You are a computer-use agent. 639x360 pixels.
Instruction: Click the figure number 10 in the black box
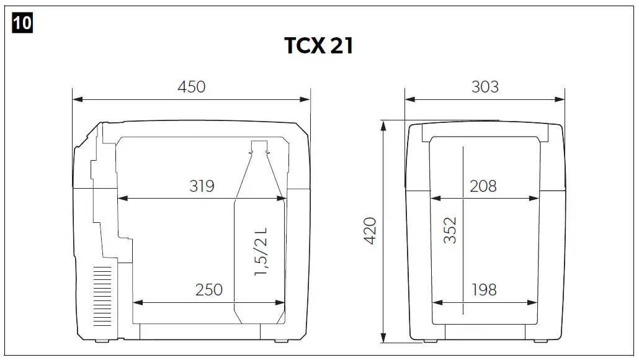(x=22, y=23)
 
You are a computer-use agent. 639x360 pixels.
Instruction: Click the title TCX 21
(x=319, y=46)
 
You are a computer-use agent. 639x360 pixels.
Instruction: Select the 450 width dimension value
(x=191, y=86)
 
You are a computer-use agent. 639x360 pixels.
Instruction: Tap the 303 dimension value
(x=485, y=86)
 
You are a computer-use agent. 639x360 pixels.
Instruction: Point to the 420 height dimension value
(x=370, y=230)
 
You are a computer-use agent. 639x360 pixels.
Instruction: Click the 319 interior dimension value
(x=201, y=186)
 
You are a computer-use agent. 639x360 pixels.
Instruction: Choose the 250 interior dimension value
(x=209, y=290)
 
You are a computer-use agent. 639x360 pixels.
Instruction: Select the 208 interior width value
(x=483, y=186)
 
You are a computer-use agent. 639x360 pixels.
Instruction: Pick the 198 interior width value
(x=483, y=289)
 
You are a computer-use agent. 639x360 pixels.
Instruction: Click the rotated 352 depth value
(x=450, y=230)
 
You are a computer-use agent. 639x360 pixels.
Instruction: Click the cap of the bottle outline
(x=259, y=146)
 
